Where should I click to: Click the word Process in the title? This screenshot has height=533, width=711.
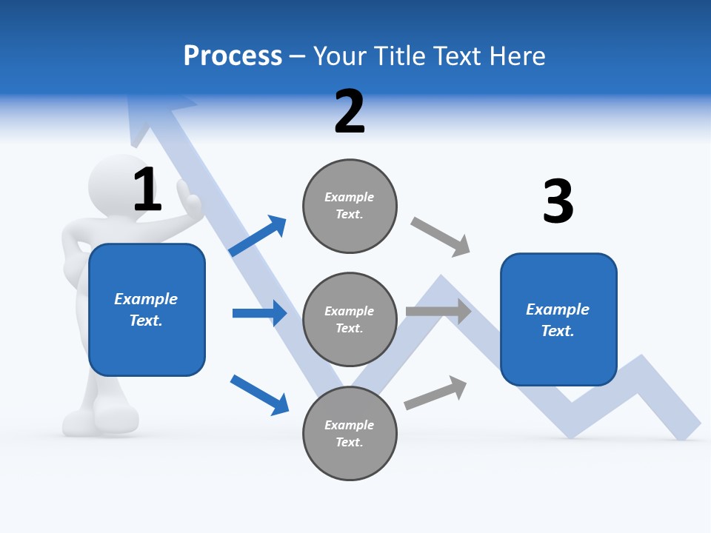[233, 56]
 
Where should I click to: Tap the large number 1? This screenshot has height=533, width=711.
[147, 190]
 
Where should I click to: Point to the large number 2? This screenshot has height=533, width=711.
[350, 112]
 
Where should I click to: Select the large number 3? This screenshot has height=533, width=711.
[558, 201]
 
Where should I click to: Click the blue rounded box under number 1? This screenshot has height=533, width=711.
[147, 309]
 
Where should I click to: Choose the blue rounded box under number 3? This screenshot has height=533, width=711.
[558, 319]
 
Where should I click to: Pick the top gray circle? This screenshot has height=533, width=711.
[350, 206]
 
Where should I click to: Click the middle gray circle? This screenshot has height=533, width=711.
[350, 319]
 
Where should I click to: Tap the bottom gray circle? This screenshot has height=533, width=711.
[350, 433]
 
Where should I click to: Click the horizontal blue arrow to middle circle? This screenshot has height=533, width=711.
[259, 313]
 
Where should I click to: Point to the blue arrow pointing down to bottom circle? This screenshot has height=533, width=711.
[259, 394]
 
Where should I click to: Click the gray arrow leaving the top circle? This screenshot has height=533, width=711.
[441, 236]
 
